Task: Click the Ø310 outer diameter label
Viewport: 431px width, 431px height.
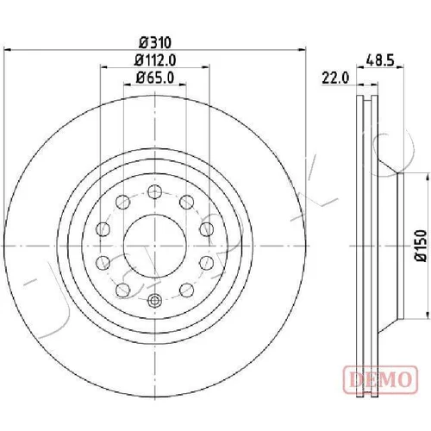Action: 155,43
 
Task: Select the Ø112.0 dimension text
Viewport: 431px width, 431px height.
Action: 155,60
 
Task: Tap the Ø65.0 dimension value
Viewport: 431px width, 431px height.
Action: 155,78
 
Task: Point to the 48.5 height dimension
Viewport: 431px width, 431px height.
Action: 380,61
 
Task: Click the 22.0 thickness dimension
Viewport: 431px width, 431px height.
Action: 335,78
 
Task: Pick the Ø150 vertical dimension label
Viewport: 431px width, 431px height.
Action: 422,246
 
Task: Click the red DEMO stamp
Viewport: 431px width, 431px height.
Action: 380,379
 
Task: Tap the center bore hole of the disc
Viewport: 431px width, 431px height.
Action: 155,246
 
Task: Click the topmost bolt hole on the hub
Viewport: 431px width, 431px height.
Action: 155,192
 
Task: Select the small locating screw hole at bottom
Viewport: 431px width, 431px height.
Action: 155,301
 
